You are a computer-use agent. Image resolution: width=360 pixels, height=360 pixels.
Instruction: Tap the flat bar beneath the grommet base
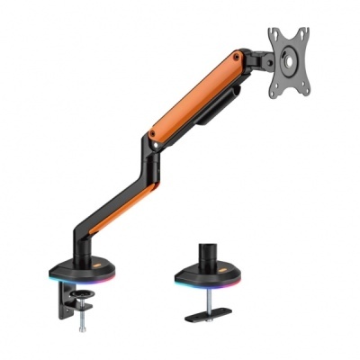pyautogui.click(x=217, y=317)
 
